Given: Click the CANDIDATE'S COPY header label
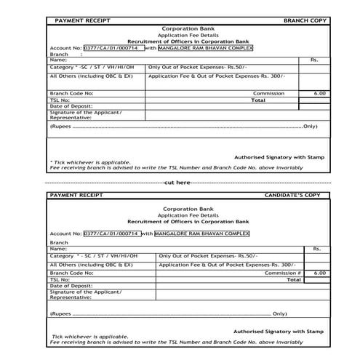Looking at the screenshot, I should [x=292, y=196].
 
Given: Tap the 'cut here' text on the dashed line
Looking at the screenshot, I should [x=178, y=182].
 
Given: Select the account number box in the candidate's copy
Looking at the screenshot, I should [x=111, y=233].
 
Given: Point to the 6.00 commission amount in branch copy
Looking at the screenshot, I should [x=319, y=94].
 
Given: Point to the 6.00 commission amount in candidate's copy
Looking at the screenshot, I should [x=319, y=272].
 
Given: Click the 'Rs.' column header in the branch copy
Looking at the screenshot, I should [x=314, y=60].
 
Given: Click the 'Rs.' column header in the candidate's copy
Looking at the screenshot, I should [x=316, y=249].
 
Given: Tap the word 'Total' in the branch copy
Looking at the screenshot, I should [x=257, y=100].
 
